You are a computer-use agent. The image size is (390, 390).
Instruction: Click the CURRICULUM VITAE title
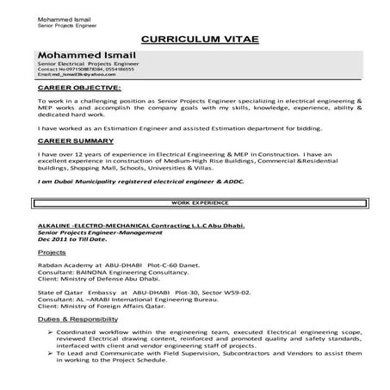(195, 40)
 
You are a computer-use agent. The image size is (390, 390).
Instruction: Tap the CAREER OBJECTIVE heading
(79, 88)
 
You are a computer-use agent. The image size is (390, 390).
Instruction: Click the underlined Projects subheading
(53, 254)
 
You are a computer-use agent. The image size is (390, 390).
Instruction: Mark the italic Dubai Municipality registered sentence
(125, 182)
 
